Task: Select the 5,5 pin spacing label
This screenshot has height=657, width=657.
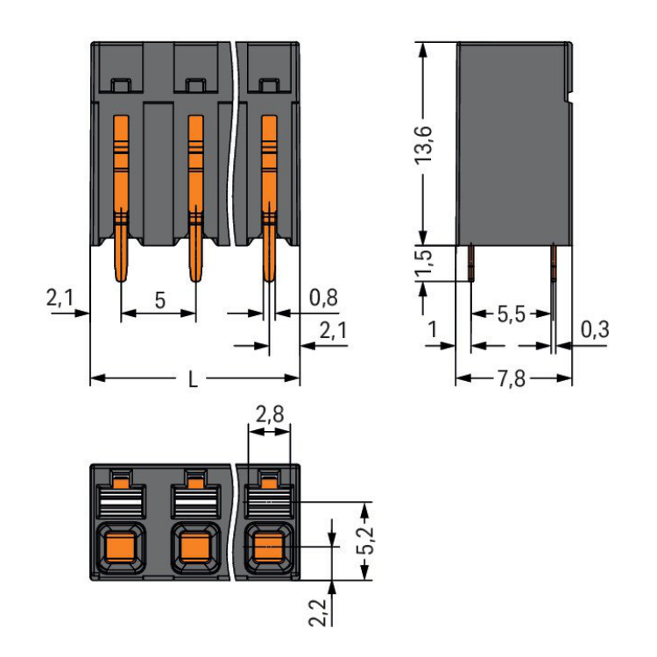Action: click(x=512, y=314)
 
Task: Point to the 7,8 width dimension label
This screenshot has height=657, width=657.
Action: click(x=513, y=380)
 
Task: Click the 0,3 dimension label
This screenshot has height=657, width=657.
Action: click(x=595, y=330)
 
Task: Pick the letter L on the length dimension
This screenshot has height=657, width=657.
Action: click(x=194, y=380)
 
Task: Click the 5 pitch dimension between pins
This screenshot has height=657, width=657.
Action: click(x=159, y=300)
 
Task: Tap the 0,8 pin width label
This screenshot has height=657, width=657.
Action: click(x=323, y=298)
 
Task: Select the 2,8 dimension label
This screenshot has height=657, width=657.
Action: click(x=269, y=414)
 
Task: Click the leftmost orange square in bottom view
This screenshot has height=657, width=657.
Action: click(x=121, y=549)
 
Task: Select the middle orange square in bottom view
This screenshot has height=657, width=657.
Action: click(x=194, y=549)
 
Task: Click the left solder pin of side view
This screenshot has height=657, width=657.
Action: click(x=471, y=261)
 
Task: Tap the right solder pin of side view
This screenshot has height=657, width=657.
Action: click(x=554, y=261)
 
